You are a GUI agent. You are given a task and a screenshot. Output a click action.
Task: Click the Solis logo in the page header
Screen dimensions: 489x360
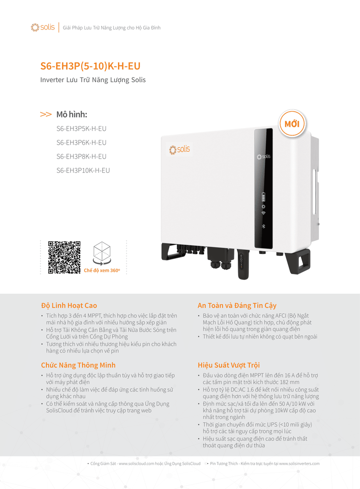pos(42,27)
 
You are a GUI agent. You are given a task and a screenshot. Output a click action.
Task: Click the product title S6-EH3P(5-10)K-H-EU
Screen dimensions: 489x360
pos(90,66)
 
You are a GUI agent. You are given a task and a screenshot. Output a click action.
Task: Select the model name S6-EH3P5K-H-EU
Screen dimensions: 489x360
pos(81,128)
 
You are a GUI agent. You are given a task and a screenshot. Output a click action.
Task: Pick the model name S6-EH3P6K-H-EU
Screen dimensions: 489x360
pos(81,142)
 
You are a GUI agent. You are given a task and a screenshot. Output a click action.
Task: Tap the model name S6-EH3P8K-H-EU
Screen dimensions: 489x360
pos(81,156)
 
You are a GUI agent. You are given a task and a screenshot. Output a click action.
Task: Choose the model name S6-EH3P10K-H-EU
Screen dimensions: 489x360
pos(83,170)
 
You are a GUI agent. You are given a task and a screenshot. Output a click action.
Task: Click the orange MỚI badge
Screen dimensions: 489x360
pos(292,124)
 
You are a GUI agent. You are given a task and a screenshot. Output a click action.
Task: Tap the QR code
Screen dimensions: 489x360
pos(64,257)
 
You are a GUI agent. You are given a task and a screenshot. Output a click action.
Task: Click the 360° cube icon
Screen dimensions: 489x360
pos(102,253)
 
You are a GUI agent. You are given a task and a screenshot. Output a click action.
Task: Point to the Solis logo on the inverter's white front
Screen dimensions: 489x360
pos(180,149)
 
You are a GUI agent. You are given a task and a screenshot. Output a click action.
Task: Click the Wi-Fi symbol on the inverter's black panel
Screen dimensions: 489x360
pos(263,213)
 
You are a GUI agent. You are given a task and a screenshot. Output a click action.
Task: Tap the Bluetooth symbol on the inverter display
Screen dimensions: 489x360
pos(263,226)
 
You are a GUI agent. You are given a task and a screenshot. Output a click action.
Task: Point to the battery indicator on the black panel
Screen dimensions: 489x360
pos(263,196)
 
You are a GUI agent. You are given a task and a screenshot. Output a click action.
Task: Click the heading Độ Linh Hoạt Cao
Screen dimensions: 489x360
pos(69,305)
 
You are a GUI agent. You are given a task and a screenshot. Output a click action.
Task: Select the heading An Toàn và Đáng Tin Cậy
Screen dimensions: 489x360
pos(237,305)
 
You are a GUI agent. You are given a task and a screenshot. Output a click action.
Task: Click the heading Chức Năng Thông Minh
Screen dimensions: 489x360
pos(78,365)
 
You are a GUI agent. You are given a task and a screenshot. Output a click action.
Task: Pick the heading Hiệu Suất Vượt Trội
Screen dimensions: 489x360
pos(229,365)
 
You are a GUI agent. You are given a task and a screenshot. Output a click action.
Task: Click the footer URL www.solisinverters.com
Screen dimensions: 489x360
pos(299,463)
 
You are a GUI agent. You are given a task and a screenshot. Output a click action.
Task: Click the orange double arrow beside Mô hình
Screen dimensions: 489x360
pos(46,115)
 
